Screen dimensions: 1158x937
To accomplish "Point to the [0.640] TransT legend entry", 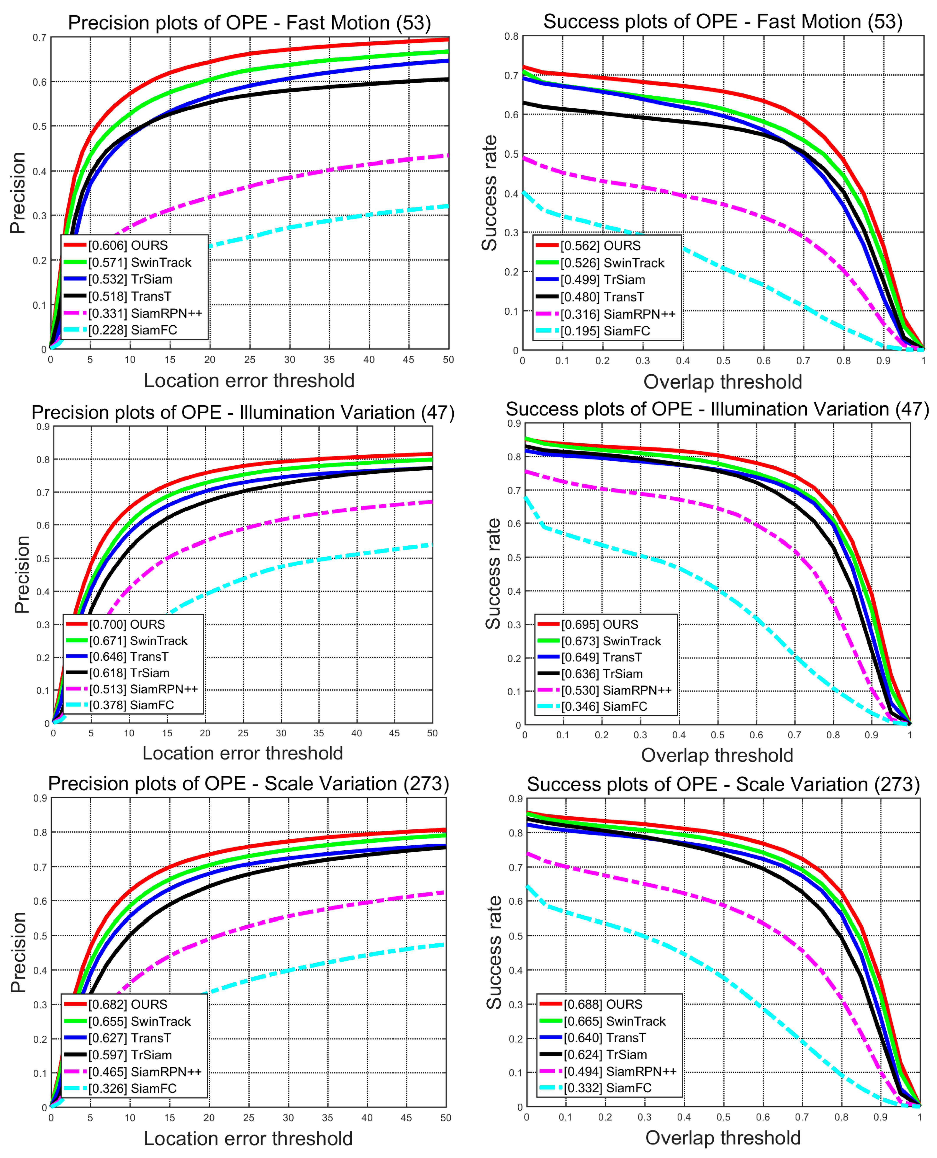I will [604, 1038].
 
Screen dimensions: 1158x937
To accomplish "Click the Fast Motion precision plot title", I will [249, 23].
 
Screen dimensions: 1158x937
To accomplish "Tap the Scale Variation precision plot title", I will [248, 784].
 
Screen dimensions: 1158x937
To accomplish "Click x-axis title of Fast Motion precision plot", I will [249, 381].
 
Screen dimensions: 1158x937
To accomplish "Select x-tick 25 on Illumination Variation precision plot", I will [243, 734].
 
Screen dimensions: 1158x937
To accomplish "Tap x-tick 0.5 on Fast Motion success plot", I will [723, 361].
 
